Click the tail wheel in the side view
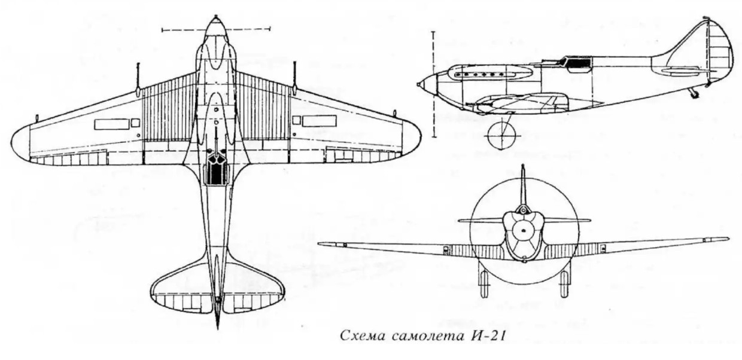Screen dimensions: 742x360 [694, 94]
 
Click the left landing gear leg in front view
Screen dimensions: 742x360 [484, 282]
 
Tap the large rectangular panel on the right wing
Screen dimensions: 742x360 [319, 121]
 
